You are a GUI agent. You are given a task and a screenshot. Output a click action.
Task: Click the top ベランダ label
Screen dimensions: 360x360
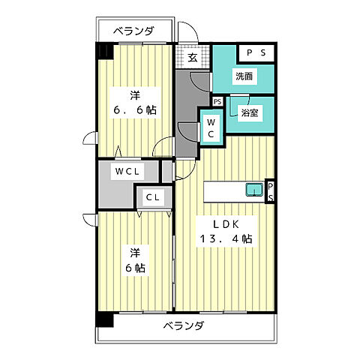133,31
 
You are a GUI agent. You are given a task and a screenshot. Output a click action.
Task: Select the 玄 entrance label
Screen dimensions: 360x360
193,57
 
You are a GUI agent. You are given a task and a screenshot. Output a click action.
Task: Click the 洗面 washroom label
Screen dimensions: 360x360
242,76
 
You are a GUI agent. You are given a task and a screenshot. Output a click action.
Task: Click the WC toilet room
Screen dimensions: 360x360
211,127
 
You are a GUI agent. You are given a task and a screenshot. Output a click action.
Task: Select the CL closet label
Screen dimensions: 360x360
152,198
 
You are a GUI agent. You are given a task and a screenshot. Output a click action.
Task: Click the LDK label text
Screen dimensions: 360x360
224,224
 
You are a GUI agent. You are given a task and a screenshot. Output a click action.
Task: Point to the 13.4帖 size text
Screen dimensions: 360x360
224,240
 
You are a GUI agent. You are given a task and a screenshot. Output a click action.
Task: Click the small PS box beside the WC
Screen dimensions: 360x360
217,101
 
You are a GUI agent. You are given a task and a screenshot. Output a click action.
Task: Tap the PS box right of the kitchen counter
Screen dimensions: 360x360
271,190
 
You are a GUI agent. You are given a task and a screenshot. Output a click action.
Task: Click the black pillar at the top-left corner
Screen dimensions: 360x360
103,51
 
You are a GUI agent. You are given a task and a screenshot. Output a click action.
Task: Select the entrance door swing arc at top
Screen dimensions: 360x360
189,34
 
